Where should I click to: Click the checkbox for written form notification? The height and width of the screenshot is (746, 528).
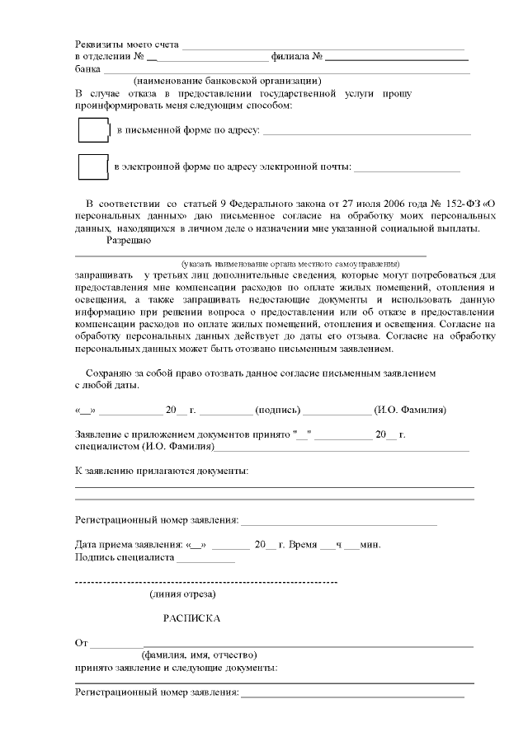tap(93, 130)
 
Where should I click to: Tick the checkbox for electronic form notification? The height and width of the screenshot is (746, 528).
tap(93, 167)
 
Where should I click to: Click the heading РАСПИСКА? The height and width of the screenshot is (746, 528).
tap(191, 617)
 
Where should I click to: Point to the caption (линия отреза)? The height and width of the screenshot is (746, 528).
tap(182, 594)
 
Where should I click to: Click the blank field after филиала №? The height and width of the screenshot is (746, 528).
tap(397, 59)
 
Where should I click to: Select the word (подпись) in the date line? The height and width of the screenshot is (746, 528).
tap(278, 410)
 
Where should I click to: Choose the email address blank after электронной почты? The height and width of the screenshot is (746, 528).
tap(407, 171)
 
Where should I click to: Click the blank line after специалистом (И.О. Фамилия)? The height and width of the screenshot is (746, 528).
tap(342, 450)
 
